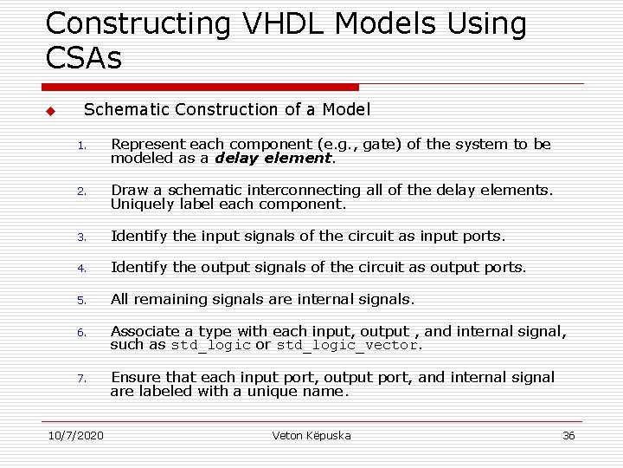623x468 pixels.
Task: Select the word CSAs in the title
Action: tap(84, 58)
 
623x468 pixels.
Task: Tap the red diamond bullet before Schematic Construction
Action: tap(50, 112)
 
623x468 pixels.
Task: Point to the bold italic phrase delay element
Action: tap(273, 159)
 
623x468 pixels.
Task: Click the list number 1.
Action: tap(80, 146)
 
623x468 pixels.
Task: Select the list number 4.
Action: tap(80, 269)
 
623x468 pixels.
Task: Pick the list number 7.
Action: tap(80, 379)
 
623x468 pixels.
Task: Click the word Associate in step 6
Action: tap(145, 331)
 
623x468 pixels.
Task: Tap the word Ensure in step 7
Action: tap(136, 377)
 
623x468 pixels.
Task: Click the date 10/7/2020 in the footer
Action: tap(75, 435)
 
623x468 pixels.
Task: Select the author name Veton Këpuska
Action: tap(311, 435)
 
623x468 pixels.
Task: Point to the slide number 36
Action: tap(568, 435)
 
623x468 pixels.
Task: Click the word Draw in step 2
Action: tap(128, 190)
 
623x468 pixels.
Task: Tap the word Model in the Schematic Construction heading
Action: tap(346, 109)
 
